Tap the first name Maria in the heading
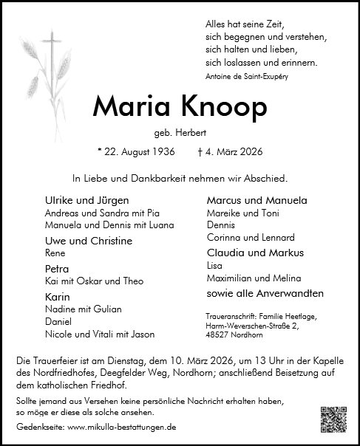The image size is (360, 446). click(129, 108)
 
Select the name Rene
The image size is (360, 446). click(54, 253)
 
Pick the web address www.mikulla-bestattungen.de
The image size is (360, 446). click(123, 427)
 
